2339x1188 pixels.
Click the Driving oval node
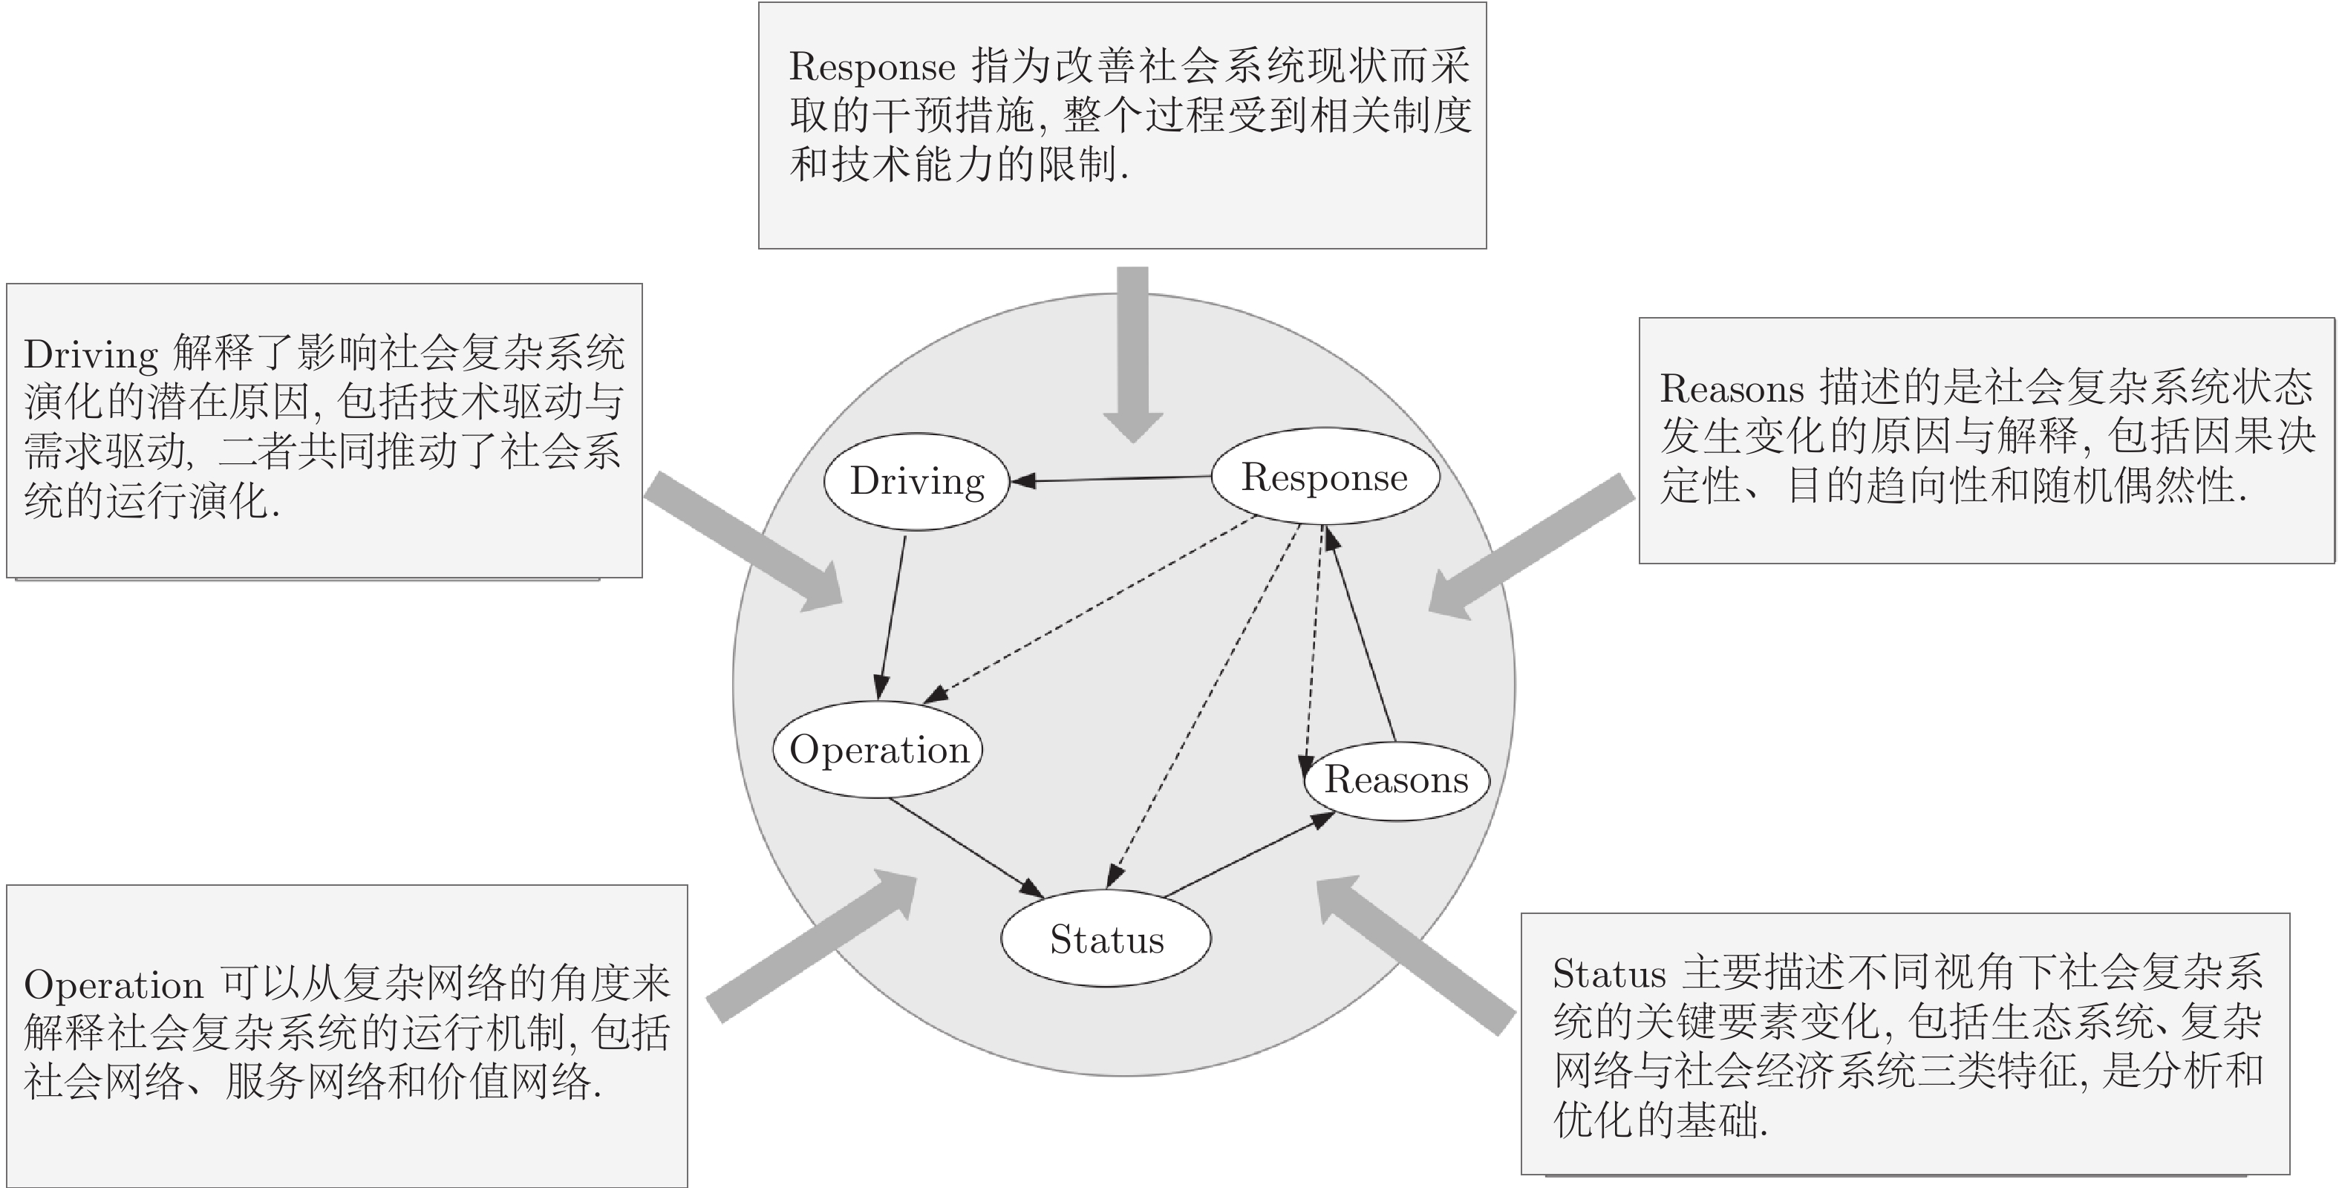[917, 481]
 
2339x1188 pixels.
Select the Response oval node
[1325, 476]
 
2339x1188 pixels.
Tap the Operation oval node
[878, 749]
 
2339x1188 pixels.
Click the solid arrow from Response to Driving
[1112, 479]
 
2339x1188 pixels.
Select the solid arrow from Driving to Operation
[892, 618]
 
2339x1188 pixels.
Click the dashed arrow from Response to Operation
[1089, 610]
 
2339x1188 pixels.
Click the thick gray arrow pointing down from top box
[1132, 354]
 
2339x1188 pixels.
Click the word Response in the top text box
[872, 66]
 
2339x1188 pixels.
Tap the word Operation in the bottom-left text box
[114, 985]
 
